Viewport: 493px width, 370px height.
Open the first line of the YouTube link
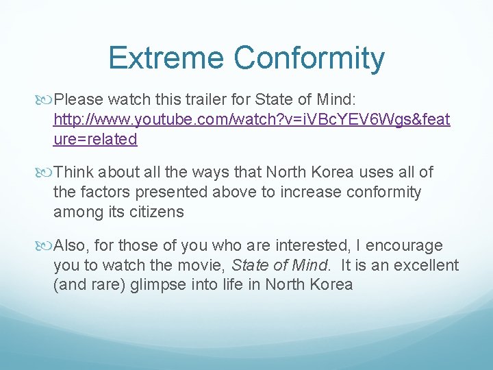pos(251,121)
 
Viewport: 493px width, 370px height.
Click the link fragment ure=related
pos(95,139)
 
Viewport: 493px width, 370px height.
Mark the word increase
pos(302,193)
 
